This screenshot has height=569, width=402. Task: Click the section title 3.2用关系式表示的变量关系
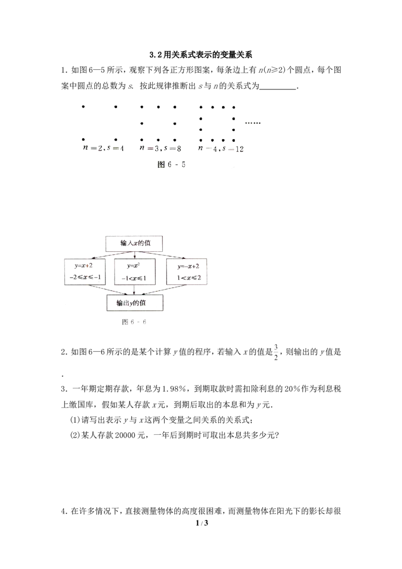click(201, 55)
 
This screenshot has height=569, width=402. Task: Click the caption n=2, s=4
click(104, 148)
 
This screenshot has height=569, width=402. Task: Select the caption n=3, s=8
click(160, 148)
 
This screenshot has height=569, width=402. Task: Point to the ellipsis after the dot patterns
click(253, 123)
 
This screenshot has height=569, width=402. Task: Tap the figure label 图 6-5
click(171, 164)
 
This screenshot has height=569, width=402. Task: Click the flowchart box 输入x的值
click(134, 243)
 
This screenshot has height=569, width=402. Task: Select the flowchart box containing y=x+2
click(85, 272)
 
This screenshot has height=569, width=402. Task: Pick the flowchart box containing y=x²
click(135, 272)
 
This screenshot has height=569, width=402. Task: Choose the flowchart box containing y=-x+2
click(187, 272)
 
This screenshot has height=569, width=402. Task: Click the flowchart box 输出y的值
click(135, 303)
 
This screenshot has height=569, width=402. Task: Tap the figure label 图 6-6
click(134, 322)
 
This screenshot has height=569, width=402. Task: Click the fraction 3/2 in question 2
click(276, 352)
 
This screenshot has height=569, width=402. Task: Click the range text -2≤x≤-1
click(85, 278)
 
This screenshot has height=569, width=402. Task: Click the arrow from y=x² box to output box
click(135, 290)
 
